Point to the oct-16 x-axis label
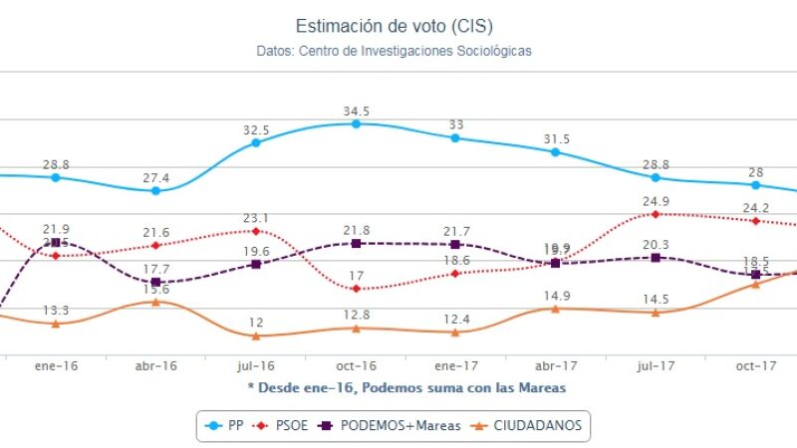[x=356, y=366]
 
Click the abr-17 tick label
[x=555, y=366]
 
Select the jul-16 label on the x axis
[x=256, y=366]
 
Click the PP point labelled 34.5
[x=356, y=123]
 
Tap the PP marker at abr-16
[x=156, y=190]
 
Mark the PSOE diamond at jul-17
[x=656, y=214]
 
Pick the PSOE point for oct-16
[x=356, y=289]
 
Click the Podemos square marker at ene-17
[x=455, y=244]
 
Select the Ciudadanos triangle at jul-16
[x=256, y=336]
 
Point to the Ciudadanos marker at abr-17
[x=555, y=309]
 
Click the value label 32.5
[x=256, y=129]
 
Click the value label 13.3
[x=57, y=310]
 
